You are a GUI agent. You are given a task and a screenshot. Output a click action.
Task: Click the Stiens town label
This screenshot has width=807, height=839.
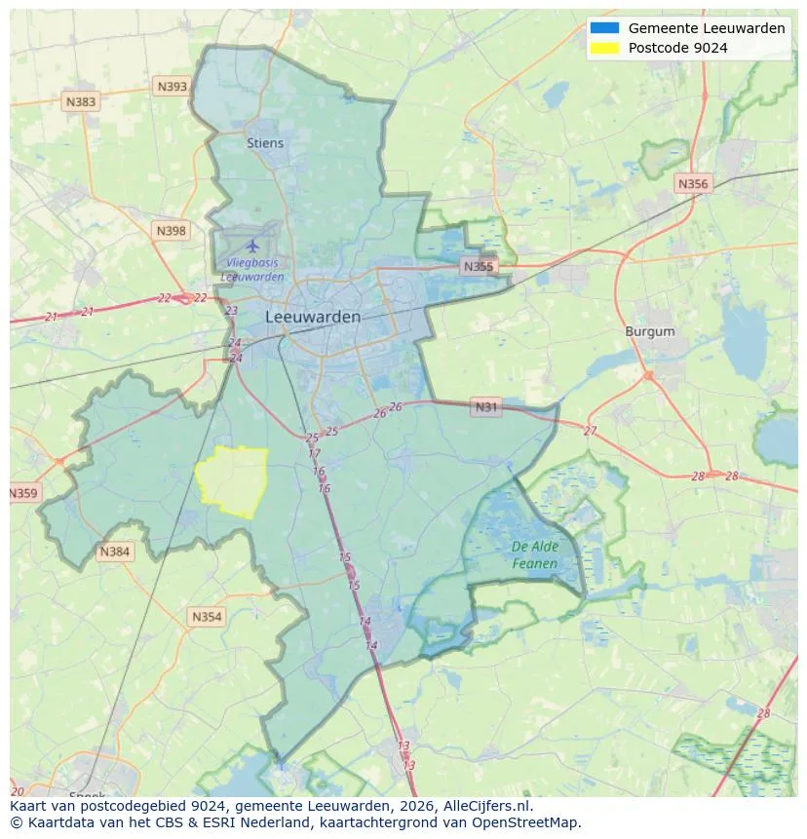click(265, 143)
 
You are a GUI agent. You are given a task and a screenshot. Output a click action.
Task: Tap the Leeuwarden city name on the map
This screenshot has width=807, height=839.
click(313, 317)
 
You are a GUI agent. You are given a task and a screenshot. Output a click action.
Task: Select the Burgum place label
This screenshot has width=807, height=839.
click(650, 331)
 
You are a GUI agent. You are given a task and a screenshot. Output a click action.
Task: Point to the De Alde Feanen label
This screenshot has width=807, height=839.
click(535, 555)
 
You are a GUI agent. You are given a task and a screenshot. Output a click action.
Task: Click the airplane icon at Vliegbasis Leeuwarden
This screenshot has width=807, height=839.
click(253, 245)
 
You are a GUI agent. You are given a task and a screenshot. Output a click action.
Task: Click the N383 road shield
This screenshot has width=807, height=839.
click(81, 101)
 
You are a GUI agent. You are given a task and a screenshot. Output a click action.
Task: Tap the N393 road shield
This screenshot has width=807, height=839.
click(172, 87)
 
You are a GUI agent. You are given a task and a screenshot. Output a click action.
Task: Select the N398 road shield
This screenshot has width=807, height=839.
click(170, 231)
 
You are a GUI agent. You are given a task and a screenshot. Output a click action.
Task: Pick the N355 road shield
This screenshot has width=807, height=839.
click(479, 266)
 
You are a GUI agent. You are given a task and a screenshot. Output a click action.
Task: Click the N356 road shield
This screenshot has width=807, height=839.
click(693, 183)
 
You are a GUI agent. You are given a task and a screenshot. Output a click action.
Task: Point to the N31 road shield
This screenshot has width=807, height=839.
click(485, 407)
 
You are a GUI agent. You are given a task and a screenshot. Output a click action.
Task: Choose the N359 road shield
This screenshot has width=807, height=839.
click(23, 493)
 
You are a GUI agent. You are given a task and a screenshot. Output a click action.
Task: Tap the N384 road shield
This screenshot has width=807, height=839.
click(114, 553)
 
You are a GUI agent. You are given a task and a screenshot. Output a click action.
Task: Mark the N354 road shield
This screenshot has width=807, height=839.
click(207, 617)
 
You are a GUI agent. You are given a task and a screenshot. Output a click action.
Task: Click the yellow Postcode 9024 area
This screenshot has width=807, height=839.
click(233, 480)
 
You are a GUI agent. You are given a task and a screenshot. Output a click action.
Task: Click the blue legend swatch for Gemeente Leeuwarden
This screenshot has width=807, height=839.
click(603, 28)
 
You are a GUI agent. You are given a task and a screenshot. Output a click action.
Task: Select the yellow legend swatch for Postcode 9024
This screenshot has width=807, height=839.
click(603, 48)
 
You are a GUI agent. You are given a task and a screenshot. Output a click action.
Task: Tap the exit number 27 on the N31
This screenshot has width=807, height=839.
click(590, 431)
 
